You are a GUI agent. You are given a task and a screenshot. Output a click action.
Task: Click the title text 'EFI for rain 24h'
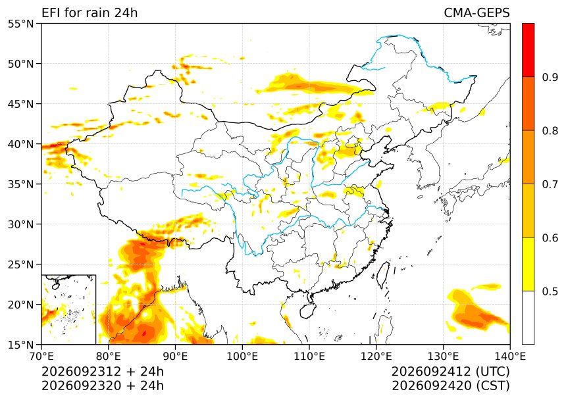[x=90, y=13]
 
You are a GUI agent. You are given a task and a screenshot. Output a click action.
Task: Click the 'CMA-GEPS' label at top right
[x=476, y=13]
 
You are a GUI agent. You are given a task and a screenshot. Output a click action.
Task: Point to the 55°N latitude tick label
[x=20, y=24]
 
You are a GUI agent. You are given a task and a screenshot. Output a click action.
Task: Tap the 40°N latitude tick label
[x=20, y=144]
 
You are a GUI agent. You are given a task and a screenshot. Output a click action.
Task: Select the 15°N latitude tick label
[x=20, y=345]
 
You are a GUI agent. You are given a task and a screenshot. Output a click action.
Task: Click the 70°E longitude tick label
[x=42, y=357]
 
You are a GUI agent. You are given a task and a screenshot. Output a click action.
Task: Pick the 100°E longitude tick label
[x=242, y=357]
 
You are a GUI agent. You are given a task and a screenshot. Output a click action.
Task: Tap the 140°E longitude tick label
[x=509, y=357]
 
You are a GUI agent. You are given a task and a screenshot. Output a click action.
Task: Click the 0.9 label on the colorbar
[x=550, y=78]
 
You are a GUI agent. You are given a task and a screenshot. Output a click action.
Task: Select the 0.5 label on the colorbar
[x=550, y=291]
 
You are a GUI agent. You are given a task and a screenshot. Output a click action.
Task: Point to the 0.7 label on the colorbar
[x=550, y=184]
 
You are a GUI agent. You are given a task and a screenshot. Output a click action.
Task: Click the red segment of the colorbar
[x=528, y=50]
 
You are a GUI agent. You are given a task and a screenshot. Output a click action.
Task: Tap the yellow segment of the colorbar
[x=528, y=264]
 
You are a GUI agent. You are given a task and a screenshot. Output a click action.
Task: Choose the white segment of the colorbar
[x=528, y=318]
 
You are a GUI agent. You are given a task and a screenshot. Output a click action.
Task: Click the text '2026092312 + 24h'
[x=103, y=372]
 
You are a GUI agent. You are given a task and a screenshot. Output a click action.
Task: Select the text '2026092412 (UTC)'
[x=450, y=372]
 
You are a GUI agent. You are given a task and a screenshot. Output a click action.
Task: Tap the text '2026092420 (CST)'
[x=450, y=386]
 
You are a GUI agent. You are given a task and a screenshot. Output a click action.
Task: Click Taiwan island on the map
[x=383, y=275]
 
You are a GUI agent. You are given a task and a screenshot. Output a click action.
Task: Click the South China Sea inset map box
[x=68, y=275]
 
